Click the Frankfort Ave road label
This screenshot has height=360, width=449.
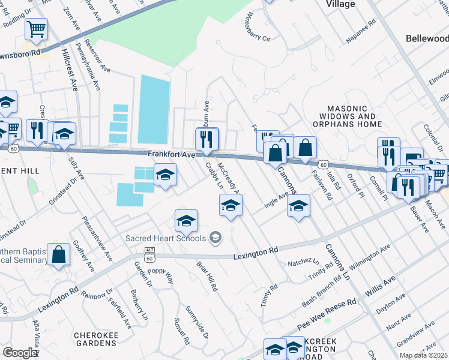(x=172, y=154)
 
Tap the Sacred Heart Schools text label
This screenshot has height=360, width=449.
(x=166, y=238)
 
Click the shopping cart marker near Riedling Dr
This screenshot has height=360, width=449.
(x=37, y=29)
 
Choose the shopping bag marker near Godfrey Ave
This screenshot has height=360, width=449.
(x=59, y=254)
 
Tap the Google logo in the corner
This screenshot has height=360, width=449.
(x=20, y=353)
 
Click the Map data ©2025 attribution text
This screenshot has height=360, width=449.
(x=424, y=355)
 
